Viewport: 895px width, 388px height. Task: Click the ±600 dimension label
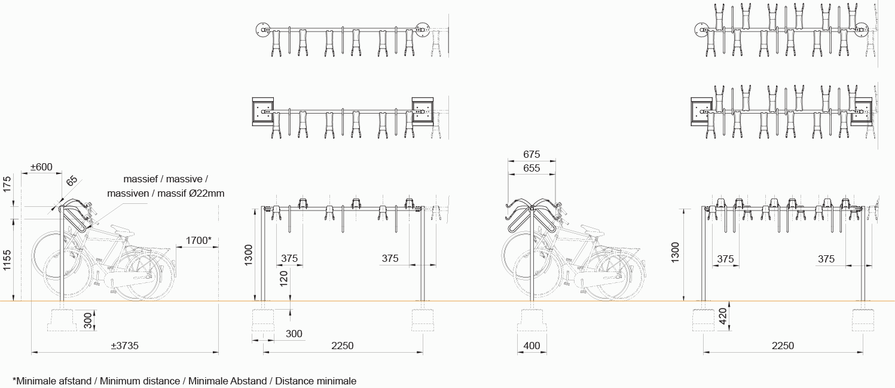41,167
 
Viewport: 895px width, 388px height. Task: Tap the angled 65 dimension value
71,181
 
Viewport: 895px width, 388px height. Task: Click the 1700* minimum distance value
198,240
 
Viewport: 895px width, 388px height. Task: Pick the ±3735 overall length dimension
125,346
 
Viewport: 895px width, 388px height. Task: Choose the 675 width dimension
531,154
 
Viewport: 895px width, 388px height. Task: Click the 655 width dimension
531,168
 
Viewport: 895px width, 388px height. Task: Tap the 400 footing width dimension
531,346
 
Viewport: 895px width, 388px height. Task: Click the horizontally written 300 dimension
294,334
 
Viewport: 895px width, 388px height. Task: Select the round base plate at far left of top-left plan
262,29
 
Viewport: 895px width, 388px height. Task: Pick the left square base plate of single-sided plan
262,111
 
